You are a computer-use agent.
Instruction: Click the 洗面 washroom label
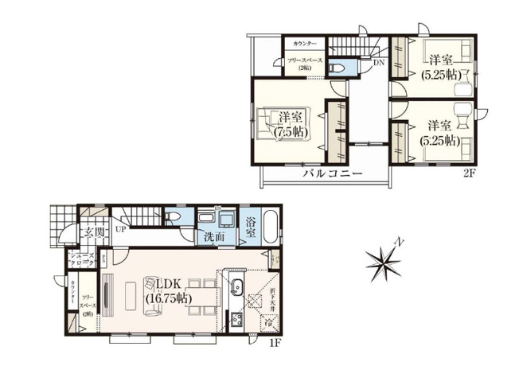[212, 237]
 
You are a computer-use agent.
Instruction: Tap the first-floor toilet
[175, 219]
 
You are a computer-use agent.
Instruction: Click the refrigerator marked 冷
[270, 323]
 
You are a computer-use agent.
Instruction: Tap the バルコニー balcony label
[332, 173]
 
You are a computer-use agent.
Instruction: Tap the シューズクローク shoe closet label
[81, 259]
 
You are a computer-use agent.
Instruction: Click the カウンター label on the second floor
[304, 43]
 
